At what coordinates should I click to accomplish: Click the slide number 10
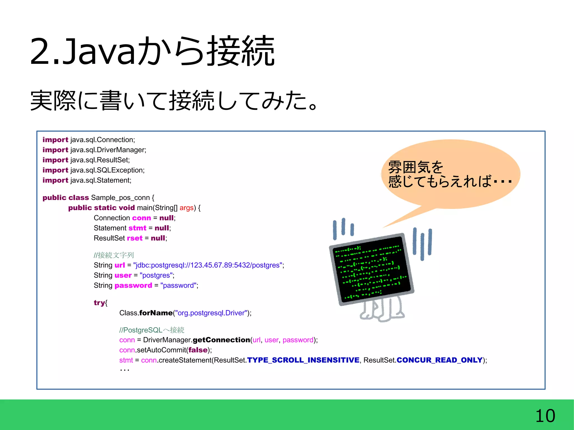(x=545, y=416)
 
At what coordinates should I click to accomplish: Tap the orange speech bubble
(x=450, y=174)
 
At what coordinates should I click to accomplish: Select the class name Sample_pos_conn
(x=121, y=198)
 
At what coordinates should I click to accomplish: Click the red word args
(x=186, y=208)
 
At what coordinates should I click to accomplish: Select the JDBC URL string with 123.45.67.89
(x=208, y=265)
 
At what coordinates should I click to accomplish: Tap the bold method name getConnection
(x=221, y=340)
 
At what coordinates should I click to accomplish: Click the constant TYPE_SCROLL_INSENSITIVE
(x=303, y=360)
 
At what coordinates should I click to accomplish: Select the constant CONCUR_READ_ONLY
(x=439, y=360)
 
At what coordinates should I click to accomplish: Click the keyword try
(x=99, y=303)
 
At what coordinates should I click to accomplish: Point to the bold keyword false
(x=198, y=350)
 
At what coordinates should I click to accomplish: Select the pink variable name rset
(x=135, y=238)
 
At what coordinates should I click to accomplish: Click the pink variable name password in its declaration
(x=133, y=285)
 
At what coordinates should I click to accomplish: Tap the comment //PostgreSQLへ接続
(x=152, y=330)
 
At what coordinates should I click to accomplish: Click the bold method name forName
(x=156, y=313)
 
